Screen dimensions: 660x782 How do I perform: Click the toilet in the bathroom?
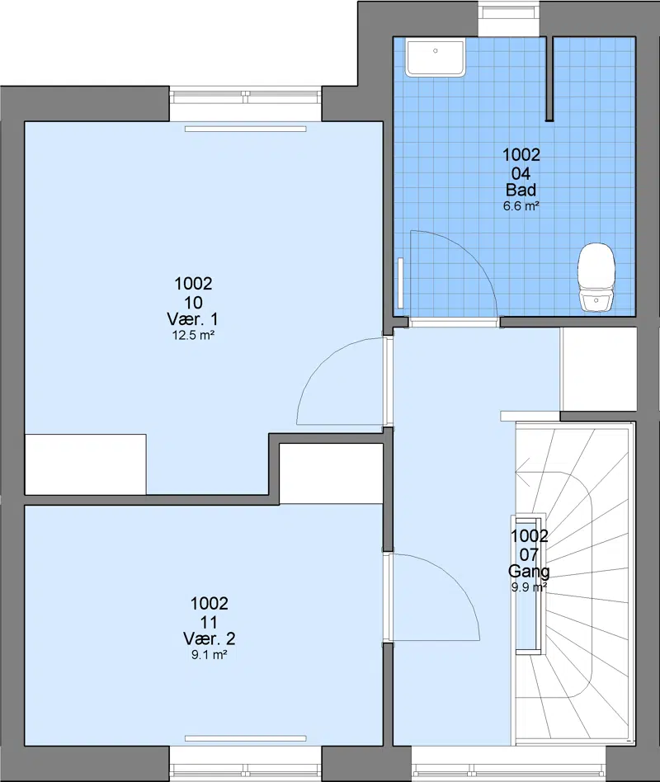click(596, 277)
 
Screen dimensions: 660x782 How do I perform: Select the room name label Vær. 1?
click(192, 318)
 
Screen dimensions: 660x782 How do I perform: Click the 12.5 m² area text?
click(193, 335)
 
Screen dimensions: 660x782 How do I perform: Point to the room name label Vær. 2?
click(209, 638)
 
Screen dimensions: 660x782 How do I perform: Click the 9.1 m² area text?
click(209, 655)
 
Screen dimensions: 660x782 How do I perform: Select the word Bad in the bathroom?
click(521, 190)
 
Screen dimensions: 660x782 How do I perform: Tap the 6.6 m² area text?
click(521, 206)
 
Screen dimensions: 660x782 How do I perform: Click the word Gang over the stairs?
click(529, 571)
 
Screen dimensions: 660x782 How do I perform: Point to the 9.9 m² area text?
click(529, 587)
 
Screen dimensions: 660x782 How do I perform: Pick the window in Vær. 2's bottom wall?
click(246, 764)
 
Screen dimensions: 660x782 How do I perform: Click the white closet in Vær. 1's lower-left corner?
click(85, 464)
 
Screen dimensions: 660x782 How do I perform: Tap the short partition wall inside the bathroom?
click(549, 78)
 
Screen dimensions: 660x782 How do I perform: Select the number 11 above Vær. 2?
click(209, 622)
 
